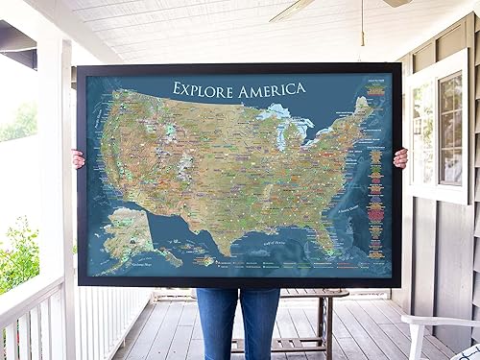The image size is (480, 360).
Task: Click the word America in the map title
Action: coord(269,88)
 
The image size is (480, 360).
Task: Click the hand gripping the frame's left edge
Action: coord(78,158)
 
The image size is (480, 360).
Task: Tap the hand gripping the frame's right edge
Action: coord(400,157)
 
